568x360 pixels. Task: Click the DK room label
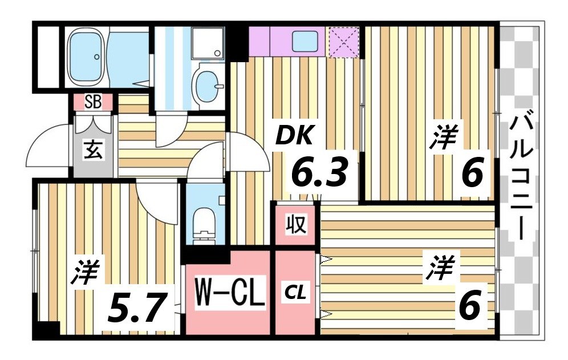click(x=295, y=136)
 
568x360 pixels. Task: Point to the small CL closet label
click(x=296, y=294)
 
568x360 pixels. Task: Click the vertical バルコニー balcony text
click(x=522, y=177)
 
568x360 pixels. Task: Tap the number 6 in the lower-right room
click(x=470, y=306)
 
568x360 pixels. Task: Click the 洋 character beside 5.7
click(x=86, y=273)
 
